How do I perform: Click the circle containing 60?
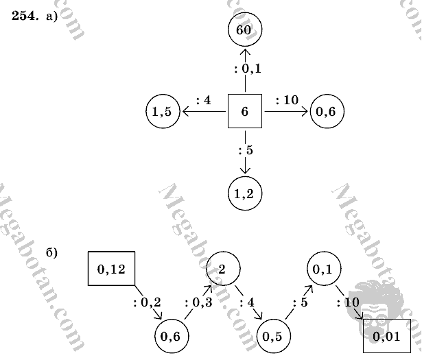click(x=245, y=30)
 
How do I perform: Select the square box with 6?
click(x=245, y=111)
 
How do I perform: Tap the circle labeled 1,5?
click(x=163, y=112)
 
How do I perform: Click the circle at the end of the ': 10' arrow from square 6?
click(x=327, y=112)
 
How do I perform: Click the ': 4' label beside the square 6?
click(x=204, y=100)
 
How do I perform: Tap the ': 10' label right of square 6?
click(x=287, y=100)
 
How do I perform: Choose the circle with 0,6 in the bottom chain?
click(x=172, y=335)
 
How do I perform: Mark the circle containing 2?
click(x=223, y=268)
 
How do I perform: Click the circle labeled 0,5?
click(x=274, y=335)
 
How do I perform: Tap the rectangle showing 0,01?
click(x=388, y=336)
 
